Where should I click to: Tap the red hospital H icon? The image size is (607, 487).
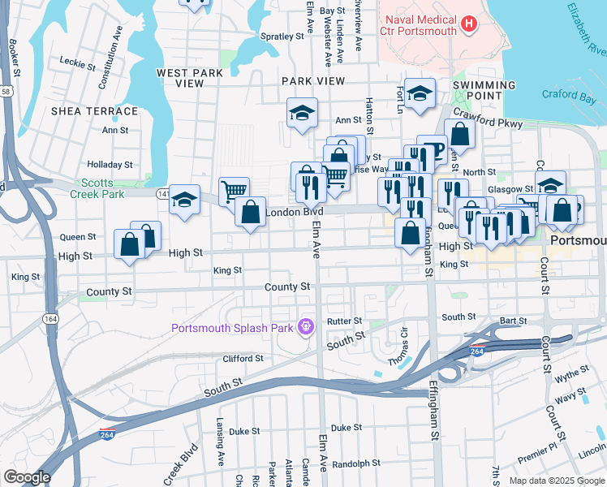(x=467, y=25)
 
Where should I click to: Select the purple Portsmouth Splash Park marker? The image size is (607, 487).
(x=305, y=327)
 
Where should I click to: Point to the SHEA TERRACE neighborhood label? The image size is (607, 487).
(x=94, y=111)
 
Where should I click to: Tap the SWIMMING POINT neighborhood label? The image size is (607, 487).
(x=484, y=91)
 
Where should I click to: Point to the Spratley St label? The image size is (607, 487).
(x=282, y=37)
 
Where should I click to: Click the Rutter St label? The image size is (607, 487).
(x=343, y=321)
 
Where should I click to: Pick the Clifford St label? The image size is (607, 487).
(x=243, y=358)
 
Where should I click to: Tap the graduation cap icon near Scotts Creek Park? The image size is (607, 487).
(x=185, y=199)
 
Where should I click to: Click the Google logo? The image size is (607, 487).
(x=27, y=477)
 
